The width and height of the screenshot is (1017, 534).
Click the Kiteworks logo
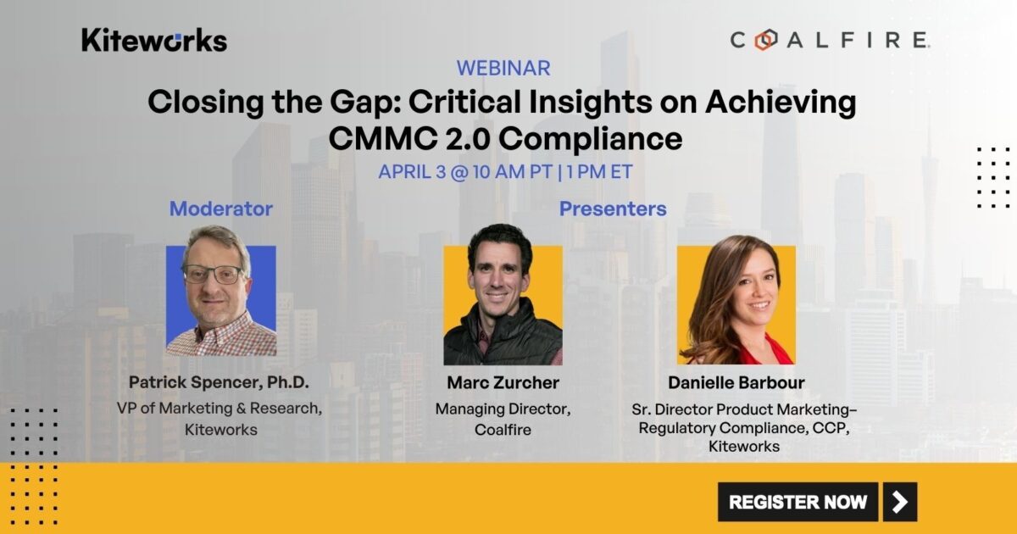(x=154, y=40)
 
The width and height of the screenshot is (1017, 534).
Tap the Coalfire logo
(x=830, y=40)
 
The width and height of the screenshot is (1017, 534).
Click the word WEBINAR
(x=503, y=68)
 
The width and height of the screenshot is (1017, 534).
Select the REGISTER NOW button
(x=797, y=502)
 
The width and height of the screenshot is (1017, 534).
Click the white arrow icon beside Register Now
(x=900, y=502)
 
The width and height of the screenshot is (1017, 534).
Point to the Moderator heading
(x=221, y=209)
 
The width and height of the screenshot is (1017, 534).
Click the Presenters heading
(x=613, y=209)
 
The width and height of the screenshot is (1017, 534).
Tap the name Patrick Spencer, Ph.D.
(x=220, y=382)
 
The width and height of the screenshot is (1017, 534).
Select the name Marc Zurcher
(x=503, y=383)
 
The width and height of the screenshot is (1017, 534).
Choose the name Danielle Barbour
(x=735, y=383)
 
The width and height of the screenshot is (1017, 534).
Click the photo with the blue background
(x=221, y=301)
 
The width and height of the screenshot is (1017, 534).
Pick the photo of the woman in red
(x=736, y=301)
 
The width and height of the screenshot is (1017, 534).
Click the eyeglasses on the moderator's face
(x=213, y=275)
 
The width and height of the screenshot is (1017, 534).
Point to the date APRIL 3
(x=412, y=170)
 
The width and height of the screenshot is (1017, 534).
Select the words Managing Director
(x=503, y=409)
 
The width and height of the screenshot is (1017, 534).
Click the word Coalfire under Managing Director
(x=503, y=430)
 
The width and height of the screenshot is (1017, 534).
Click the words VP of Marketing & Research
(x=218, y=409)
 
